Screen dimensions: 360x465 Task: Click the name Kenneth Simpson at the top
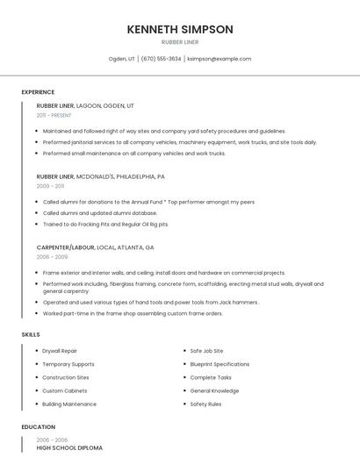pyautogui.click(x=180, y=29)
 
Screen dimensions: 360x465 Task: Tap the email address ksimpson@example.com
pyautogui.click(x=220, y=59)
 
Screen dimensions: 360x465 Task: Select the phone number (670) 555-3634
pyautogui.click(x=161, y=59)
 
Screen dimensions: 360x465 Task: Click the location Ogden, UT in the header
pyautogui.click(x=121, y=59)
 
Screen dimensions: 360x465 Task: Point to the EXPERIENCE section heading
pyautogui.click(x=38, y=92)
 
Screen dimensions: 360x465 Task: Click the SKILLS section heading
pyautogui.click(x=31, y=334)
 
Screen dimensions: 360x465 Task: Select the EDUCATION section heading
pyautogui.click(x=38, y=427)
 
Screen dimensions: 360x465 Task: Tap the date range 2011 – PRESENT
pyautogui.click(x=54, y=115)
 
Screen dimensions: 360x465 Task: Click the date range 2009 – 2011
pyautogui.click(x=50, y=186)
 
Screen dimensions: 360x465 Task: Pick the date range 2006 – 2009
pyautogui.click(x=52, y=257)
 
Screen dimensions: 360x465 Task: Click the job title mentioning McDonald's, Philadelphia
pyautogui.click(x=100, y=176)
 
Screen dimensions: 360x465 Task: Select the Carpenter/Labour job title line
pyautogui.click(x=95, y=247)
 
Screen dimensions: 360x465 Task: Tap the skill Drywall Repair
pyautogui.click(x=60, y=351)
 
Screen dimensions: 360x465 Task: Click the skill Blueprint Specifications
pyautogui.click(x=220, y=364)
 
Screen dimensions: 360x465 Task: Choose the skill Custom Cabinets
pyautogui.click(x=64, y=390)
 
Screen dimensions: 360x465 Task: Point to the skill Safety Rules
pyautogui.click(x=205, y=404)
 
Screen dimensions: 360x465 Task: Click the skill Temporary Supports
pyautogui.click(x=68, y=364)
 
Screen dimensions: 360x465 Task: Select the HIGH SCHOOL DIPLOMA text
pyautogui.click(x=69, y=447)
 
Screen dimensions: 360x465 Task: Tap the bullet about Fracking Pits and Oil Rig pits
pyautogui.click(x=105, y=224)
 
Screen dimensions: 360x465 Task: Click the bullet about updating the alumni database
pyautogui.click(x=99, y=213)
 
